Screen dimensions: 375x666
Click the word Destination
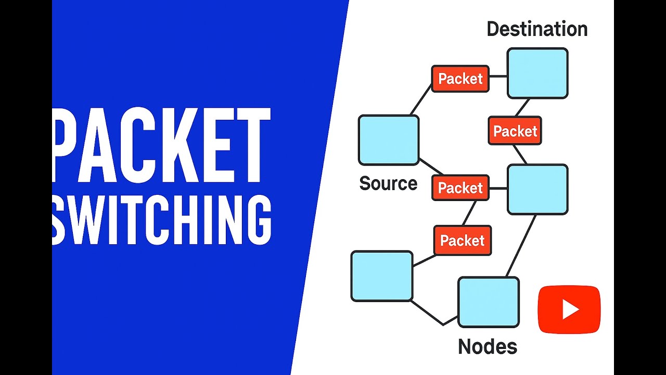pos(537,29)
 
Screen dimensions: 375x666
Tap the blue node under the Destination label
pos(537,73)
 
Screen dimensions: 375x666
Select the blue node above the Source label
pos(389,140)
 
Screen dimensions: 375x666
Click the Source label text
pos(388,183)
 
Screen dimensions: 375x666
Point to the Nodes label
pos(488,346)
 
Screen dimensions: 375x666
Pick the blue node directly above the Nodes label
pos(489,302)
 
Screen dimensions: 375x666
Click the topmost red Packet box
pos(460,79)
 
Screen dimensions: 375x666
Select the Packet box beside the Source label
pos(460,187)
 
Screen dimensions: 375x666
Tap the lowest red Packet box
pos(463,241)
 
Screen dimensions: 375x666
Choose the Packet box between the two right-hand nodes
pos(515,131)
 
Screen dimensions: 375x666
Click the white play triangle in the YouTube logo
pos(570,309)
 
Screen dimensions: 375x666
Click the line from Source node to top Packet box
pos(421,100)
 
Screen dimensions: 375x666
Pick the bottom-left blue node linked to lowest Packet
pos(382,276)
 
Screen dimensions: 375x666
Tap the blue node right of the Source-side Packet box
pos(537,189)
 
